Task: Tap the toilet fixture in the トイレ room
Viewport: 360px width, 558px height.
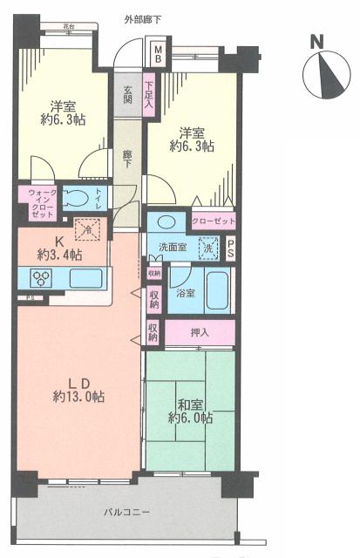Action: click(78, 198)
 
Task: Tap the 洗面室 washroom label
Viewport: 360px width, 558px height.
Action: click(173, 248)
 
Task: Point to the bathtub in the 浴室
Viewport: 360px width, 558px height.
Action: click(218, 291)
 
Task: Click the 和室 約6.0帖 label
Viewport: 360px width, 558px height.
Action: click(191, 410)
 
